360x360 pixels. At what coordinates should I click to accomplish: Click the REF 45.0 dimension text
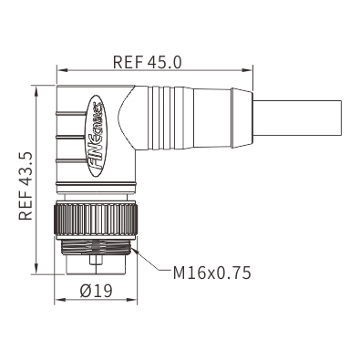click(148, 62)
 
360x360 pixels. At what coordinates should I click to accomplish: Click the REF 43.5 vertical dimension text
click(26, 186)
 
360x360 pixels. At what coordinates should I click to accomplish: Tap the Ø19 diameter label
click(97, 291)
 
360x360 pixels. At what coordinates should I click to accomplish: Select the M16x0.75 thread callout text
click(211, 273)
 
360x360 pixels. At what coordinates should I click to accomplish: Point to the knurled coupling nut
click(96, 220)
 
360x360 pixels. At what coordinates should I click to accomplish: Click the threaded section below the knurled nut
click(97, 247)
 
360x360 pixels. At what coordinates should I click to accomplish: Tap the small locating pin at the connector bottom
click(96, 261)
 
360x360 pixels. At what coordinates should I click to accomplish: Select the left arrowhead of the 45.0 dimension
click(62, 70)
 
